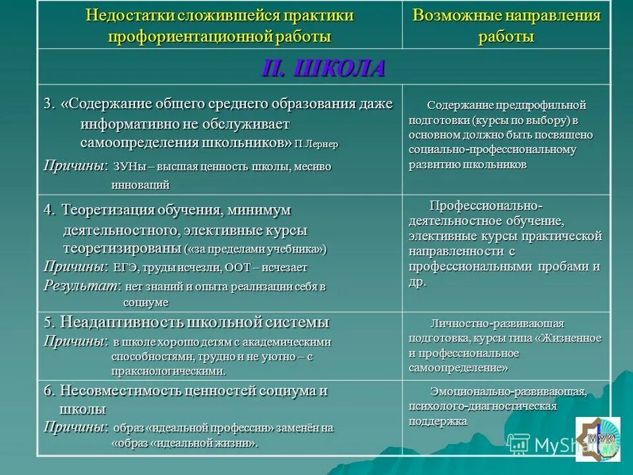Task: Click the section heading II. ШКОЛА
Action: pos(324,69)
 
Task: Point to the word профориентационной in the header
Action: pos(183,36)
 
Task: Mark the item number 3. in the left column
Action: pos(50,104)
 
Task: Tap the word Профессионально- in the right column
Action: pos(486,205)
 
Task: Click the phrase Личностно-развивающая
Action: pos(497,323)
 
